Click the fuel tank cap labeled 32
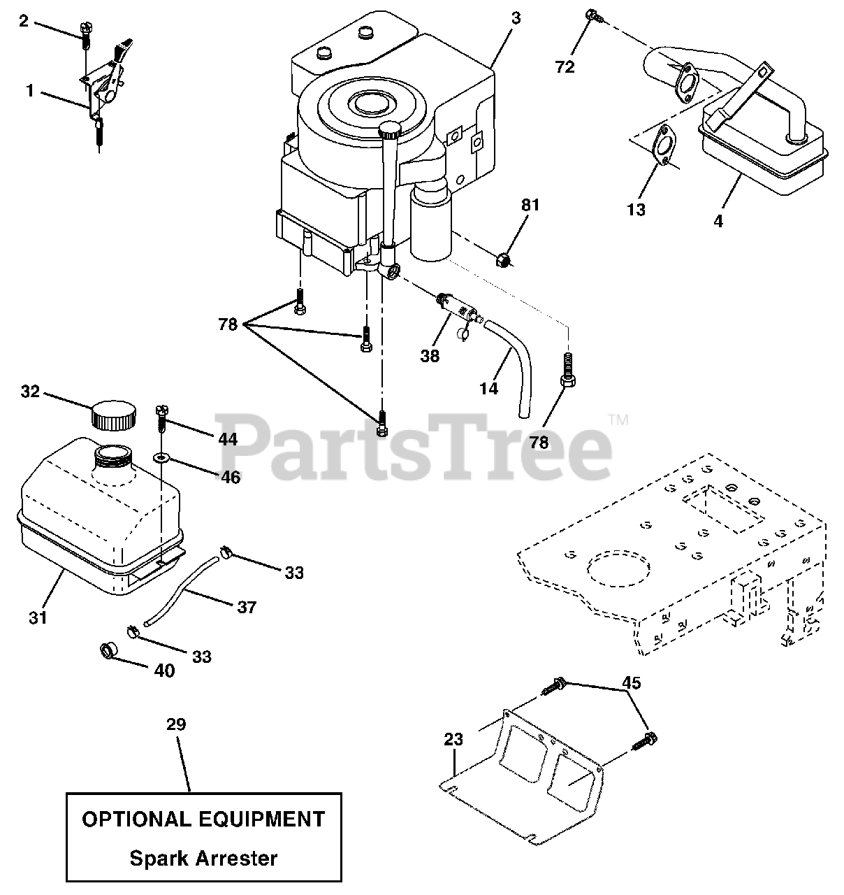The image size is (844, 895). pos(111,417)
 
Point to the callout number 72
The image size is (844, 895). pos(565,67)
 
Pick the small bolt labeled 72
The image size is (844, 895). pos(592,14)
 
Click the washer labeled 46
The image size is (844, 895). pos(162,458)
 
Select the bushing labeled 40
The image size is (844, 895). pos(110,653)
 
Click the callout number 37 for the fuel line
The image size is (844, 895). pos(247,607)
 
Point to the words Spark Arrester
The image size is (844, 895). pos(203,858)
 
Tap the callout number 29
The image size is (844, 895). pos(176,724)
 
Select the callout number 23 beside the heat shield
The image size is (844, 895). pos(453,738)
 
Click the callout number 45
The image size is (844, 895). pos(632,682)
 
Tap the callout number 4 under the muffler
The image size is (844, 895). pos(719,222)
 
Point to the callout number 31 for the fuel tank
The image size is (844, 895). pos(38,617)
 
